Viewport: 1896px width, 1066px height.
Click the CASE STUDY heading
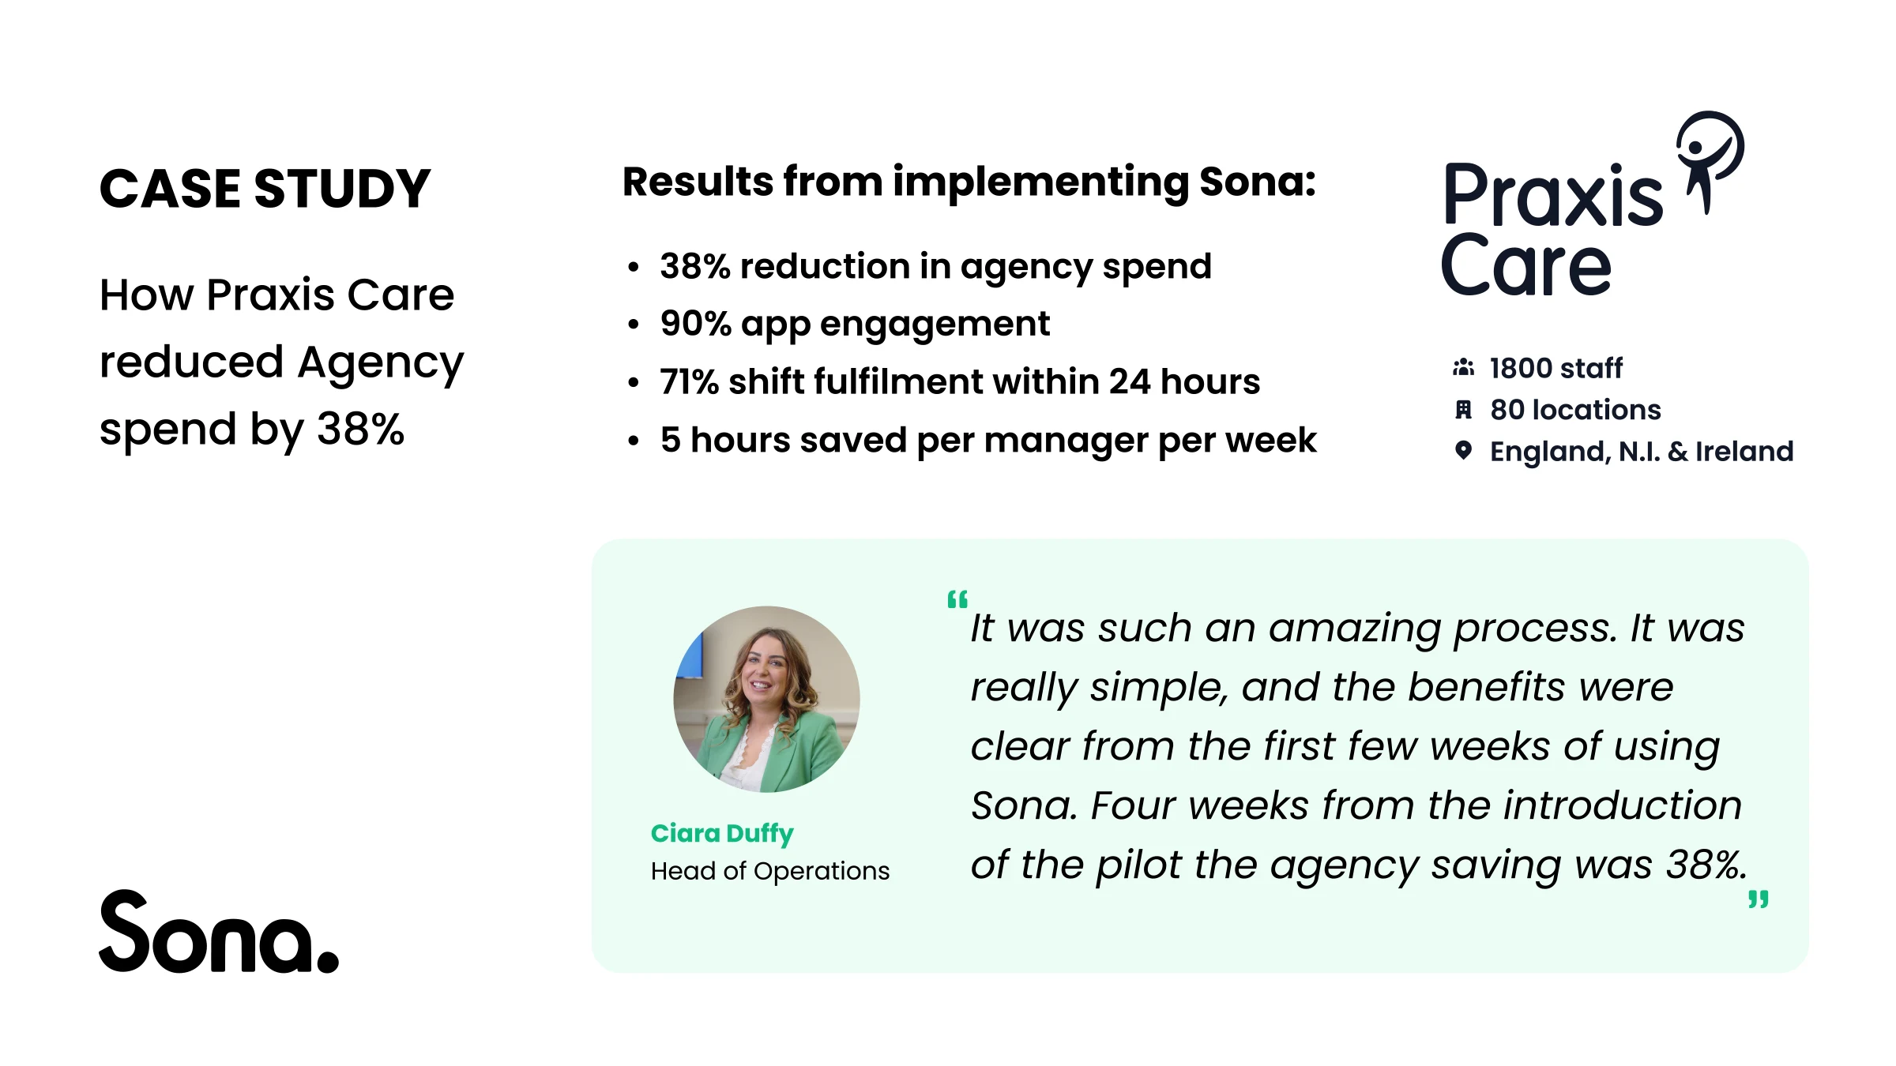point(265,190)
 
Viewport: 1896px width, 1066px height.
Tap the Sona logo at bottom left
point(219,932)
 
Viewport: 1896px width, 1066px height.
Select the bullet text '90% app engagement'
point(855,325)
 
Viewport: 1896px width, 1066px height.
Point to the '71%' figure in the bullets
point(689,382)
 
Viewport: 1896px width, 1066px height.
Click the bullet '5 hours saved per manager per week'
point(988,441)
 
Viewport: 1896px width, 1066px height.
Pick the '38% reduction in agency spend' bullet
point(935,267)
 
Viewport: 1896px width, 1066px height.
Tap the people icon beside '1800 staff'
point(1463,368)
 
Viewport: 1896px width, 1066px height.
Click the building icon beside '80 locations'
point(1463,410)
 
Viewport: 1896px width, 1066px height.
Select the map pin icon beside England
point(1463,451)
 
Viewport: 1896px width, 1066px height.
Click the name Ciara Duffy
point(722,834)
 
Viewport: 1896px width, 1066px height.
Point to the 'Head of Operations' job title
point(770,871)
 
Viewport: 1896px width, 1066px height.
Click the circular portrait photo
point(766,699)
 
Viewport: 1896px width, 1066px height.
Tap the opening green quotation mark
point(957,599)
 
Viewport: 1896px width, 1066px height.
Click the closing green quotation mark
point(1759,899)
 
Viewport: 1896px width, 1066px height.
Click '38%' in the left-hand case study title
point(360,430)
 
